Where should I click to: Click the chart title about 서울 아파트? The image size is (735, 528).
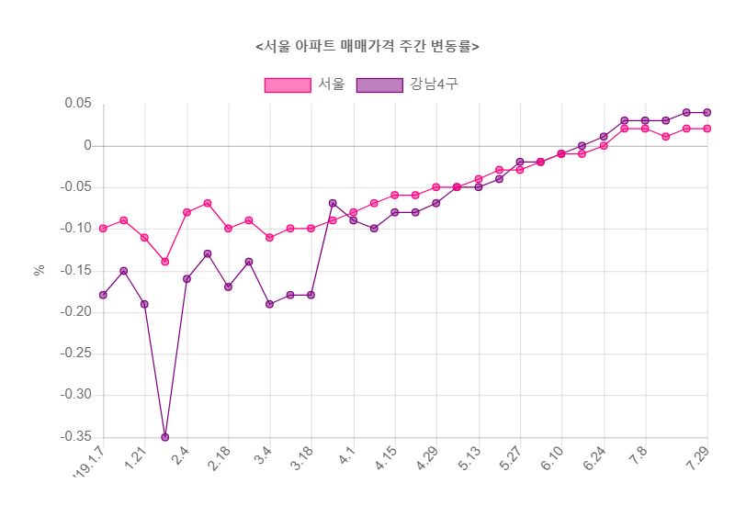pyautogui.click(x=367, y=47)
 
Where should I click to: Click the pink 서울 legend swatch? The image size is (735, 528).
pyautogui.click(x=287, y=85)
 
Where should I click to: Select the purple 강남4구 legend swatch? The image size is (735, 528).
pyautogui.click(x=379, y=85)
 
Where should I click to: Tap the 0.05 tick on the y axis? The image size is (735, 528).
pyautogui.click(x=77, y=104)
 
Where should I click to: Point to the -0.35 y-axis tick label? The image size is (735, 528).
pyautogui.click(x=75, y=437)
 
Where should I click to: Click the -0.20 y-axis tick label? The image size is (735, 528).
pyautogui.click(x=75, y=312)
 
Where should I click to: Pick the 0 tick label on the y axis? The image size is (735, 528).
pyautogui.click(x=87, y=145)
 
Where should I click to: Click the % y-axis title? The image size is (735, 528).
pyautogui.click(x=40, y=270)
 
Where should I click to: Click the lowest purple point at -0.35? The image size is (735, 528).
pyautogui.click(x=165, y=437)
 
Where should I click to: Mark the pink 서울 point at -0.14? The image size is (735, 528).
pyautogui.click(x=165, y=262)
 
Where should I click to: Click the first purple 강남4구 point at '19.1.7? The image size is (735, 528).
pyautogui.click(x=103, y=295)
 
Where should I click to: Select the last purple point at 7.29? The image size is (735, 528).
pyautogui.click(x=707, y=112)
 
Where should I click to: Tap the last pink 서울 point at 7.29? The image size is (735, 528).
pyautogui.click(x=707, y=129)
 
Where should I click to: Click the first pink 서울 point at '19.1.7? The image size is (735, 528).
pyautogui.click(x=103, y=229)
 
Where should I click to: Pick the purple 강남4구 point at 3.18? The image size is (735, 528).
pyautogui.click(x=311, y=295)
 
